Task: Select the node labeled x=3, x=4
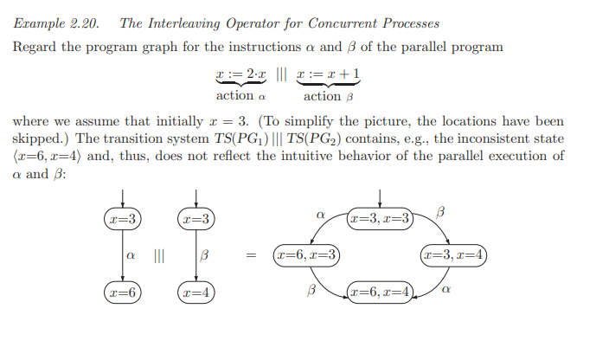454,255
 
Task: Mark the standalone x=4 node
195,293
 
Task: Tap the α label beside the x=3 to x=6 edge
131,256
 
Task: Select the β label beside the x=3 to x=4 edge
204,256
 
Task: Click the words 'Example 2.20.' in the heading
49,23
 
